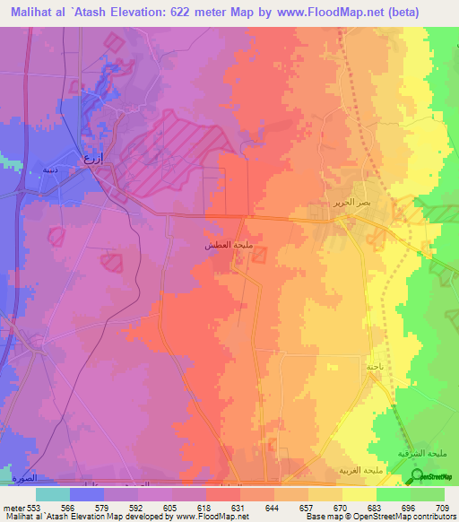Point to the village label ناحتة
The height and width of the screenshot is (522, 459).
pyautogui.click(x=373, y=366)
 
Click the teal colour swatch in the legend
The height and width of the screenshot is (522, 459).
pyautogui.click(x=53, y=493)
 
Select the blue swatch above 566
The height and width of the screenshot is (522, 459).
pyautogui.click(x=87, y=493)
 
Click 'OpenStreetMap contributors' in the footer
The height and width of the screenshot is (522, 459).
pyautogui.click(x=406, y=517)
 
